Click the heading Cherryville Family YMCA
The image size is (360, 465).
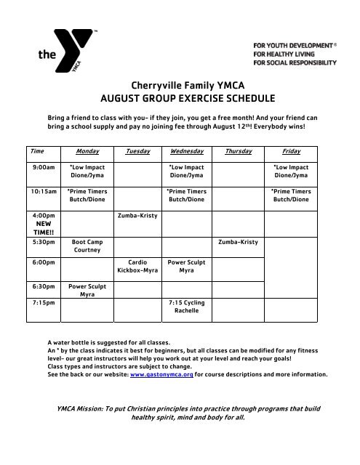click(180, 85)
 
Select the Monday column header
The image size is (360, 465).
click(87, 151)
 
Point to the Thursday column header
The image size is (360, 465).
click(239, 151)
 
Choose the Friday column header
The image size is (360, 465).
click(291, 151)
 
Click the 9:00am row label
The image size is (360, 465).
click(44, 167)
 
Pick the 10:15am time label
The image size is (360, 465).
click(45, 192)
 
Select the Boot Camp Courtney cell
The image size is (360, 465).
click(87, 246)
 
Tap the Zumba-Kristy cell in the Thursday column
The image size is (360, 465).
click(239, 241)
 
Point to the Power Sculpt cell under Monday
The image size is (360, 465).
click(87, 291)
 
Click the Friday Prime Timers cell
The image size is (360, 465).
click(291, 195)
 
